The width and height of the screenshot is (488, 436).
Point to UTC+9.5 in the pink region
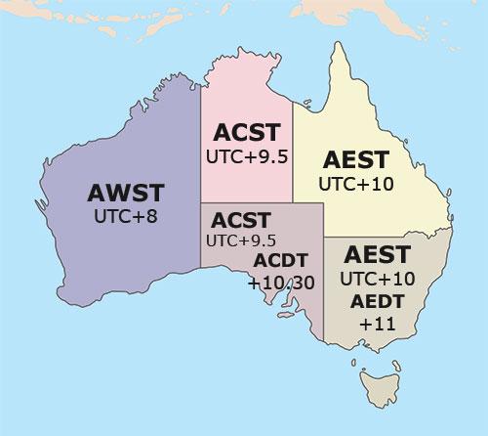[247, 155]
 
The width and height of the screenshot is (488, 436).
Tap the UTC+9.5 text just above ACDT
[240, 240]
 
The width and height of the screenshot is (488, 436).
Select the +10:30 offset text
[282, 283]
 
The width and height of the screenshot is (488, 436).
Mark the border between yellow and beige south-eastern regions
[390, 236]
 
